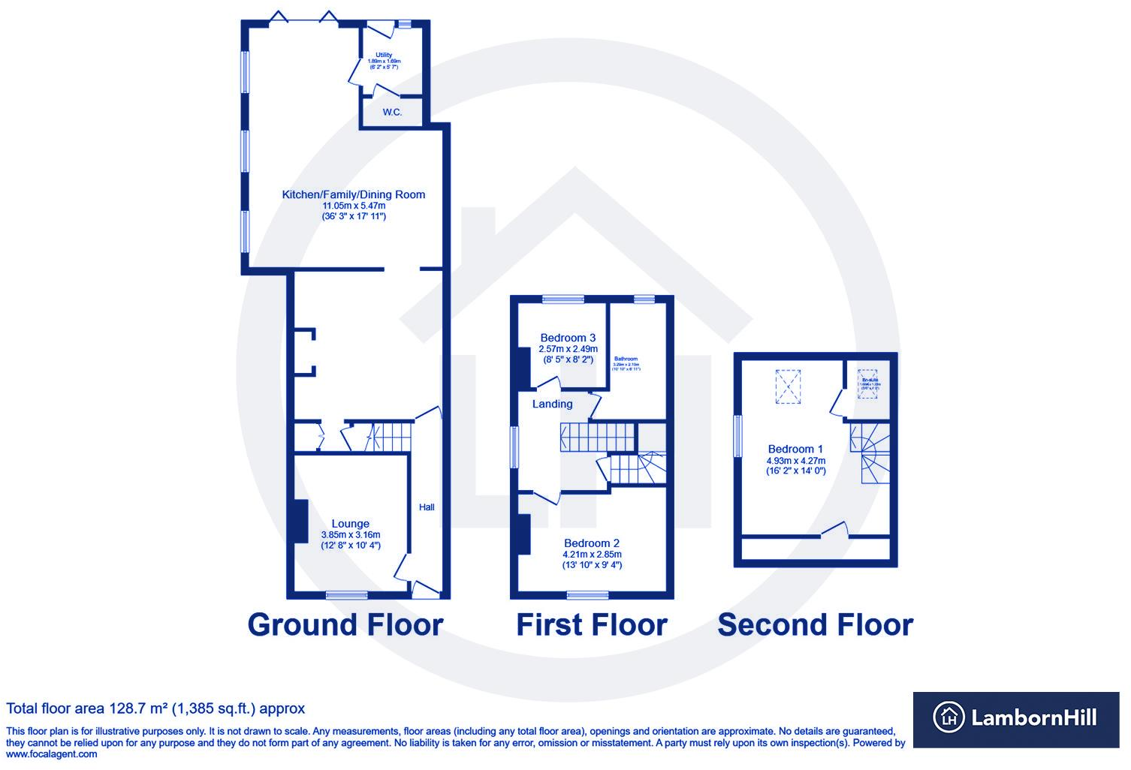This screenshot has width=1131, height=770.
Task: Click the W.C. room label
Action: tap(392, 113)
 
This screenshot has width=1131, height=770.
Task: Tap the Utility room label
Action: tap(384, 55)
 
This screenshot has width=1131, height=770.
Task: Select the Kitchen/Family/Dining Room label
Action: tap(353, 194)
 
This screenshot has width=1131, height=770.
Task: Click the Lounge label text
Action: tap(350, 524)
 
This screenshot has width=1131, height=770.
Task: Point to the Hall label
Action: tap(427, 507)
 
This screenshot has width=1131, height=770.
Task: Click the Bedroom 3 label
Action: tap(568, 338)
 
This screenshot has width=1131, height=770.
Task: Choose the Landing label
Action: tap(552, 404)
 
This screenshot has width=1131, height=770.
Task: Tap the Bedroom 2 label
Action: tap(592, 543)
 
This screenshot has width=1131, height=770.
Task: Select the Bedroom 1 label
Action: tap(795, 449)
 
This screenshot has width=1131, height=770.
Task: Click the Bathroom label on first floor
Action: tap(626, 359)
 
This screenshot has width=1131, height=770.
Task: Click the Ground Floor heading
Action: tap(345, 625)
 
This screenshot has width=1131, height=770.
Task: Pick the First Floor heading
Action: tap(592, 625)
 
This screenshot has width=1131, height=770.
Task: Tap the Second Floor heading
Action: tap(816, 625)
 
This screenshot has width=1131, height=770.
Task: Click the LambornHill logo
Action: tap(1015, 718)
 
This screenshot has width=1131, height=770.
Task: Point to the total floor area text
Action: tap(155, 708)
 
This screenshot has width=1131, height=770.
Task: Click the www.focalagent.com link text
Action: tap(52, 754)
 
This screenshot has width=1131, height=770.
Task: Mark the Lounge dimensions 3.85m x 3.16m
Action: tap(350, 535)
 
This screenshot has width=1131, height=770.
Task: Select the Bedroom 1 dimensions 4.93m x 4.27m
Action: tap(795, 461)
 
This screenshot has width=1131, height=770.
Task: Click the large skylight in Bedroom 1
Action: tap(788, 387)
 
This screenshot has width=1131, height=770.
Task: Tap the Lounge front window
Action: tap(347, 595)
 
